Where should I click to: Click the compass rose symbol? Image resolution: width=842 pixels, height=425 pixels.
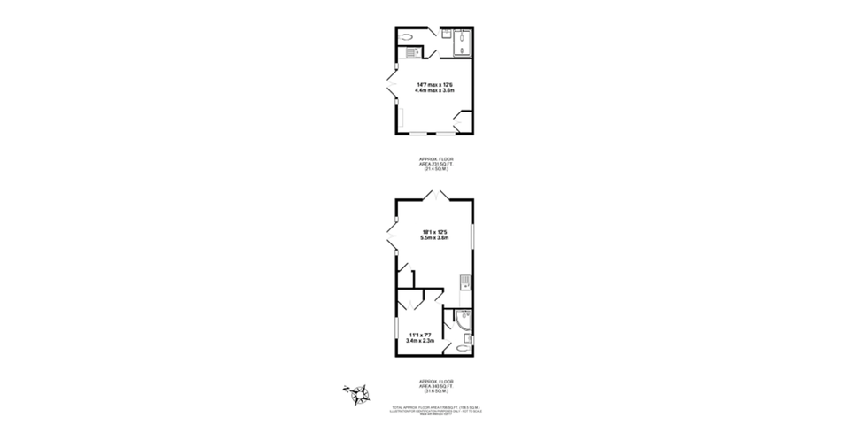point(357,393)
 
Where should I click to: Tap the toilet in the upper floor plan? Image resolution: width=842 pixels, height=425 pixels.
point(407,37)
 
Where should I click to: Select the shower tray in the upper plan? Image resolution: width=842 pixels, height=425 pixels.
point(463,42)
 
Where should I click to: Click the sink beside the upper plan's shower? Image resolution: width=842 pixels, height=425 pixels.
point(446,36)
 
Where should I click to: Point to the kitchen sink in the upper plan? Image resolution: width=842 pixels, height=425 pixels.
point(411,52)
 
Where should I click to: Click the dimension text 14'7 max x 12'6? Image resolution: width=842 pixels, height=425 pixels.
point(434,84)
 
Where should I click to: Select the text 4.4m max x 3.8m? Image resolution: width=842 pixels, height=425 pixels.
point(434,90)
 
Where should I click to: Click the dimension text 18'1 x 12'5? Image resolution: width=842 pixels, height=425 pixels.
point(434,232)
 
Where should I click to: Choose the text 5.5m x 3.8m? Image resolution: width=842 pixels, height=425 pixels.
point(434,238)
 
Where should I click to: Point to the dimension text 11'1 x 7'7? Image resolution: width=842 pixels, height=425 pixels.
point(419,335)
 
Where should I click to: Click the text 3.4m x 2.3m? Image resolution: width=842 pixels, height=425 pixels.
point(419,341)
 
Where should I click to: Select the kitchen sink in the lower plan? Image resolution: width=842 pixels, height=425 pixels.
point(464,282)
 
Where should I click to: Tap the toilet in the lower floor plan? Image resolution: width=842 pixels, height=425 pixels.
point(462,348)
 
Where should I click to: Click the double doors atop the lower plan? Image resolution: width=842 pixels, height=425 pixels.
point(434,194)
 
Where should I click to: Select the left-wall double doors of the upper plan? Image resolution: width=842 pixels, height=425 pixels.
point(390,89)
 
